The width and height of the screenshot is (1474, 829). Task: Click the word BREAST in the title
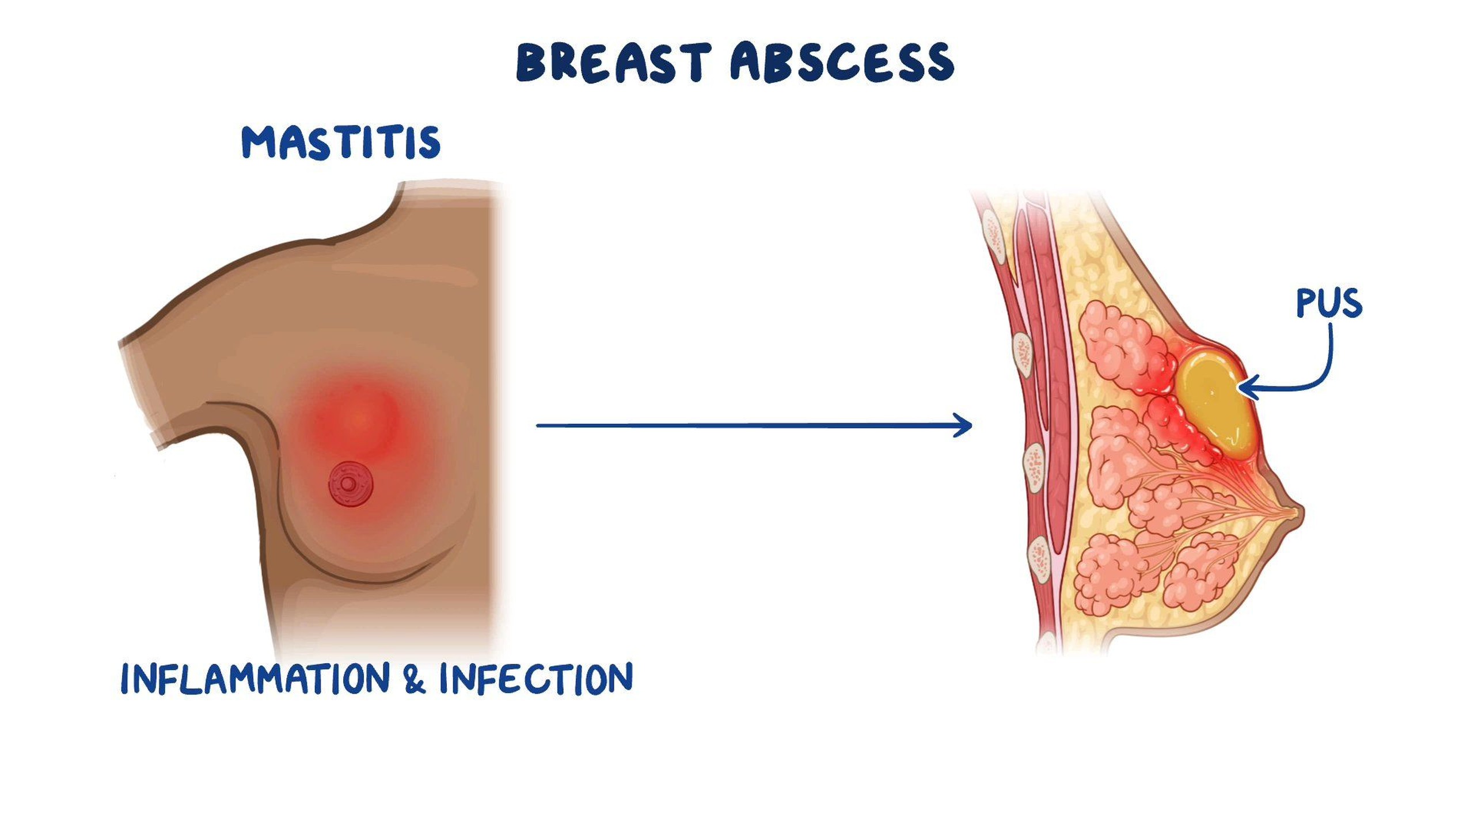[x=613, y=62]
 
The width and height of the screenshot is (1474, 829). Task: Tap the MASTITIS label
[x=341, y=142]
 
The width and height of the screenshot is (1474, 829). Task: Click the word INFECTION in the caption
[x=536, y=678]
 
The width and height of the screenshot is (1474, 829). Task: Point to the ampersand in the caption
[x=415, y=679]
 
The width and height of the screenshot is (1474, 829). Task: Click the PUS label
[x=1329, y=303]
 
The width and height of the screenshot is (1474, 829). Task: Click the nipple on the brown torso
[x=348, y=484]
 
